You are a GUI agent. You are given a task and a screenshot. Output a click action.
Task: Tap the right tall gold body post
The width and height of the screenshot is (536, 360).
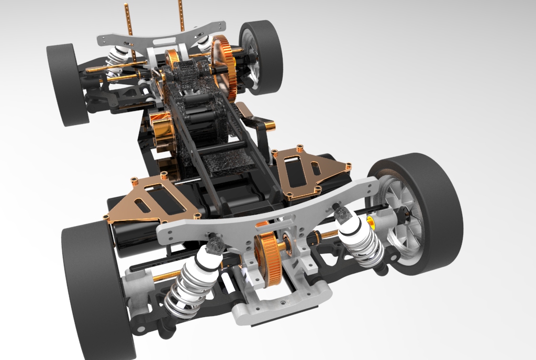[x=181, y=16]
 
